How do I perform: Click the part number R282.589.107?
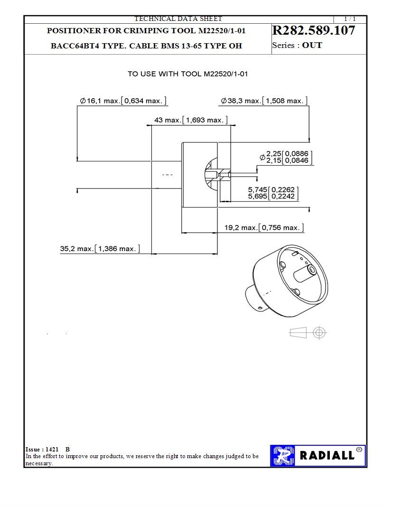click(313, 31)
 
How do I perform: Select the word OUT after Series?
click(312, 46)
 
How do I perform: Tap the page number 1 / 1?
click(349, 19)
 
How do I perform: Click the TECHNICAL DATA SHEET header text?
click(178, 19)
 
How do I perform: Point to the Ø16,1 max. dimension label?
click(102, 101)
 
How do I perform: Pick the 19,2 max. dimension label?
click(242, 228)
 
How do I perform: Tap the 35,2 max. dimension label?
click(77, 249)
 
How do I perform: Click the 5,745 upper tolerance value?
click(257, 189)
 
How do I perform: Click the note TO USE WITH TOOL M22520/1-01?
click(187, 74)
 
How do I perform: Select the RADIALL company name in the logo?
click(327, 456)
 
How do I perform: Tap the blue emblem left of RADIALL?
click(283, 456)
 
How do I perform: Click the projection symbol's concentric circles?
click(319, 333)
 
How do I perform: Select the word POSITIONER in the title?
click(74, 31)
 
